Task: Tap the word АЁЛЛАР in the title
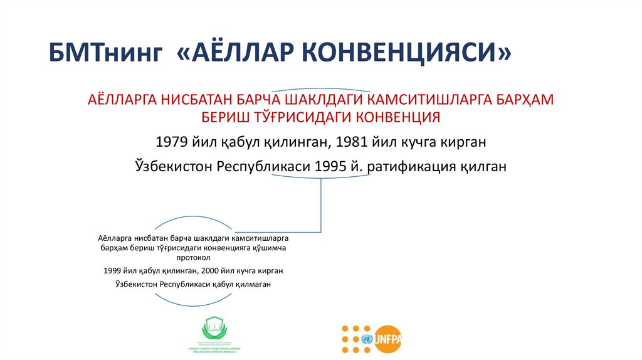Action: (232, 55)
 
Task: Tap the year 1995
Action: (333, 167)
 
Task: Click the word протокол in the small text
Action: (194, 257)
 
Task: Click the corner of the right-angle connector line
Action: (322, 231)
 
